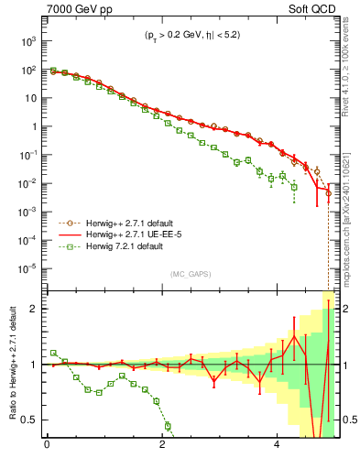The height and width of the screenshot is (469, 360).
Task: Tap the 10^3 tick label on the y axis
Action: pos(27,42)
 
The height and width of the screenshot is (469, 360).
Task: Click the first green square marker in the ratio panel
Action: pos(53,353)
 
